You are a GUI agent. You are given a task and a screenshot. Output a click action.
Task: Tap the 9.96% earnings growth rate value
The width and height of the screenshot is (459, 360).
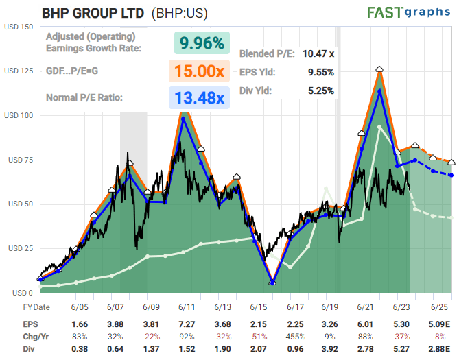pyautogui.click(x=202, y=43)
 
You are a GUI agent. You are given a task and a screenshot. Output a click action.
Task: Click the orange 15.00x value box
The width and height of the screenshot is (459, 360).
pyautogui.click(x=198, y=72)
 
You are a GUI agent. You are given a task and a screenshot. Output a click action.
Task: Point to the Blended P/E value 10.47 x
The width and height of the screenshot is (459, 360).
pyautogui.click(x=317, y=53)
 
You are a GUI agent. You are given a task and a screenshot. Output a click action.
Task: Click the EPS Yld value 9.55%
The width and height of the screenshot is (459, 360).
pyautogui.click(x=318, y=71)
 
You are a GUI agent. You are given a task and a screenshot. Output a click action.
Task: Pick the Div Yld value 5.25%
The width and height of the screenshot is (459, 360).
pyautogui.click(x=319, y=90)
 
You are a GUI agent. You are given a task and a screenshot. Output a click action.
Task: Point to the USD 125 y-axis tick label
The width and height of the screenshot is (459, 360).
pyautogui.click(x=18, y=71)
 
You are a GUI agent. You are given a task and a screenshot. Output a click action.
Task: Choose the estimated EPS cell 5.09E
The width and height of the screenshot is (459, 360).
pyautogui.click(x=440, y=323)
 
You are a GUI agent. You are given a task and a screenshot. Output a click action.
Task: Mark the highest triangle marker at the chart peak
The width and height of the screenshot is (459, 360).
pyautogui.click(x=379, y=69)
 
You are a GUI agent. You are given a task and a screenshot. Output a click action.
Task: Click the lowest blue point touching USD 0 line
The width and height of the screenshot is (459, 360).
pyautogui.click(x=272, y=282)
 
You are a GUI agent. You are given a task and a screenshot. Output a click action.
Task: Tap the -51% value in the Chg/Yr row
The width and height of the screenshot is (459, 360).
pyautogui.click(x=258, y=336)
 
